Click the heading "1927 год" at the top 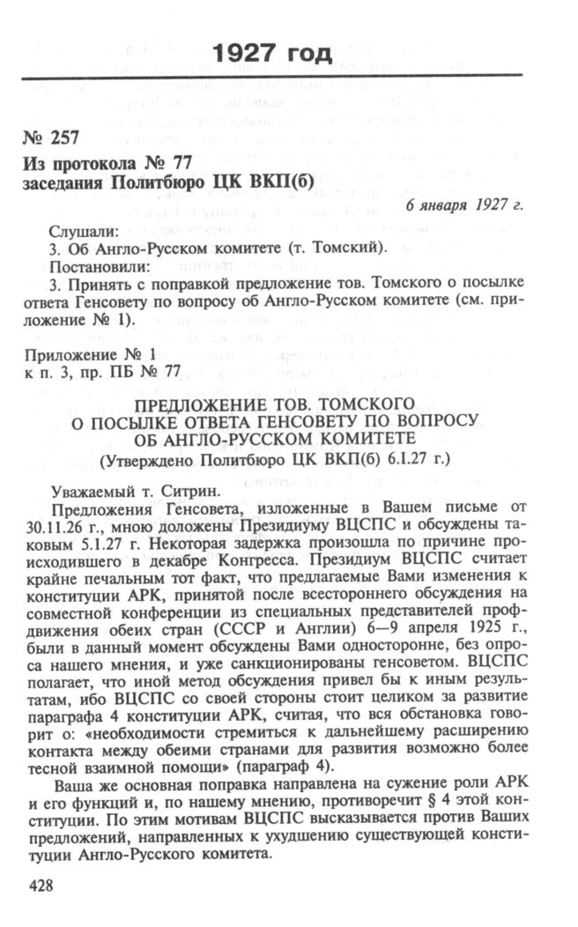click(272, 53)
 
